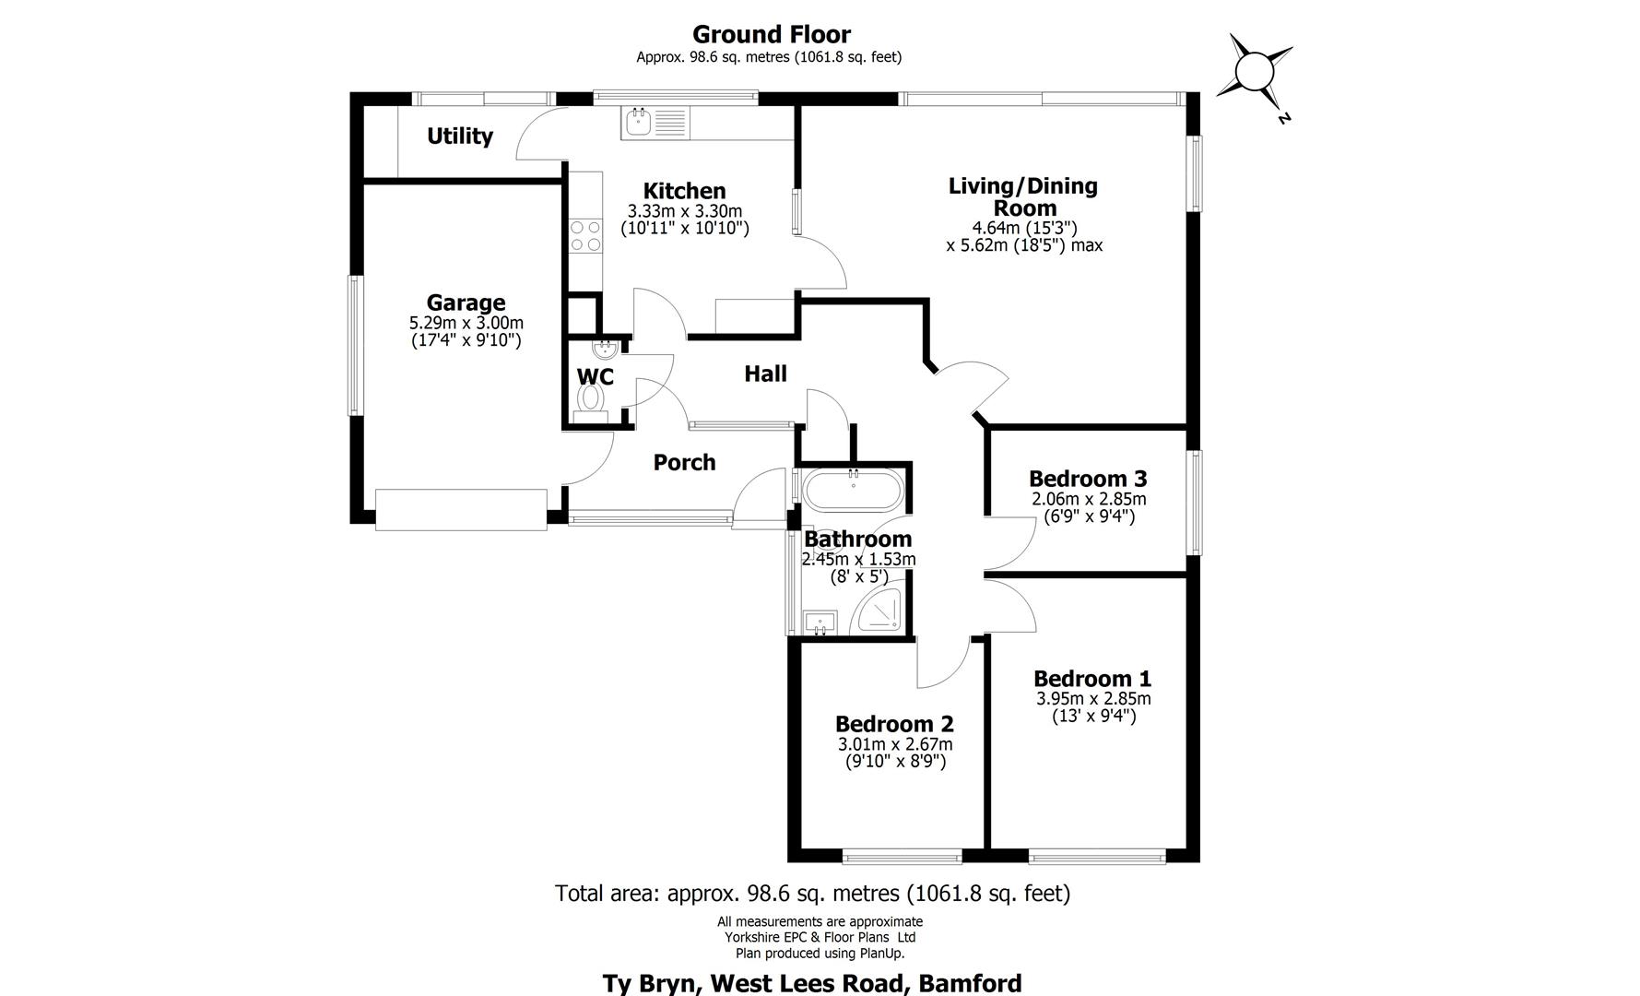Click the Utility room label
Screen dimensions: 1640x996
point(459,136)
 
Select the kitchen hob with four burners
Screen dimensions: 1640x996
point(584,235)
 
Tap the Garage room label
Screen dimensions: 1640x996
point(466,302)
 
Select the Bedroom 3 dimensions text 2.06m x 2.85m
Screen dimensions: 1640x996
point(1088,499)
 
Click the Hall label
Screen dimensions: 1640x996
point(765,373)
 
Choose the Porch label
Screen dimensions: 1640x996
point(684,462)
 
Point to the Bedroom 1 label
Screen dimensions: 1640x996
point(1092,679)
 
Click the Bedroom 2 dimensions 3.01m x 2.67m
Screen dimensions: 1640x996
point(894,744)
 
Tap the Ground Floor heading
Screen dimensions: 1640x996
point(772,35)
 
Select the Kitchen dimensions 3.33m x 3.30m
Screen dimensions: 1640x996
point(684,211)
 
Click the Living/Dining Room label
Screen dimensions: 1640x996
point(1023,196)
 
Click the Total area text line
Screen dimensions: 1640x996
point(812,893)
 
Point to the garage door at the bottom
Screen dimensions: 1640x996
point(461,509)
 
